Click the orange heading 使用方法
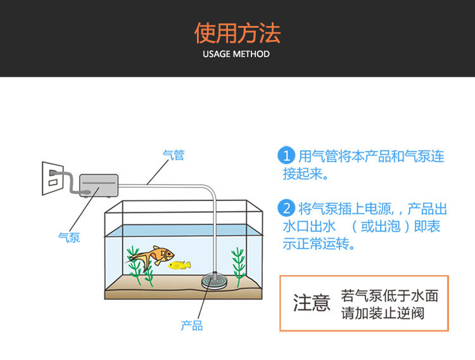[237, 32]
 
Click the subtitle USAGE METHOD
[236, 54]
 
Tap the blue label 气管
[174, 155]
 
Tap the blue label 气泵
[69, 237]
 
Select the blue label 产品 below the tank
[192, 326]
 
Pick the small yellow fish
[179, 265]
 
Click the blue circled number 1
[287, 155]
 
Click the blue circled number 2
[287, 208]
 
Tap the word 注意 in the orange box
[312, 303]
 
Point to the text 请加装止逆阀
[383, 313]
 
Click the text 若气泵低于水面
[389, 295]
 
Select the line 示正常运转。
[319, 244]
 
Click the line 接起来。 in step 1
[306, 174]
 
